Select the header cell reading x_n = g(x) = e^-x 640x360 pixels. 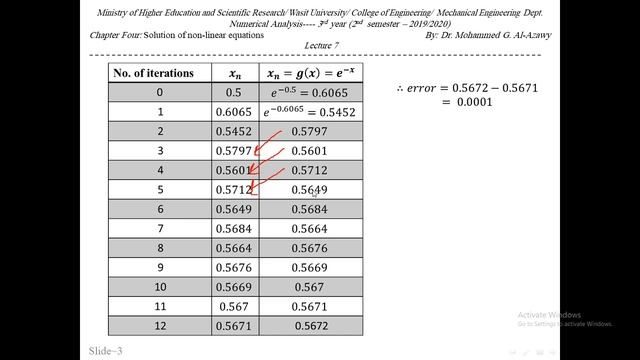point(309,73)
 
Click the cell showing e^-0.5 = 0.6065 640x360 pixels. point(309,93)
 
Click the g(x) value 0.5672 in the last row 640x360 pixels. point(309,326)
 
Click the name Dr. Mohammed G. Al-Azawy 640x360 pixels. point(500,34)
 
